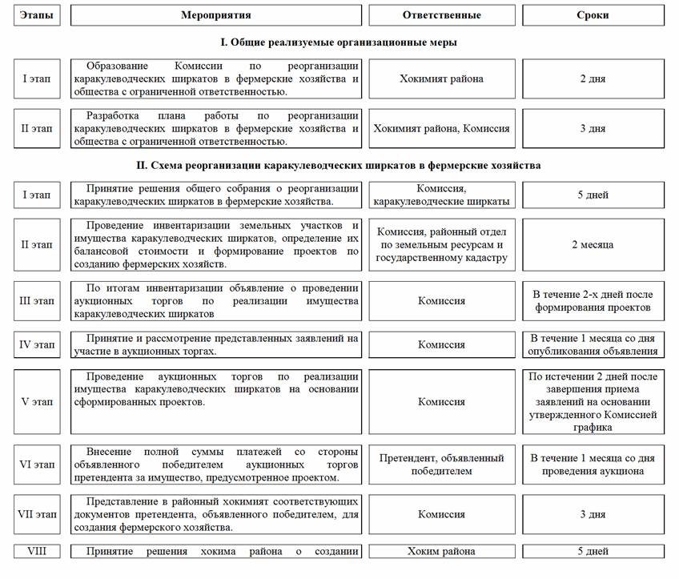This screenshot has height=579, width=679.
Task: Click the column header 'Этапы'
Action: [37, 15]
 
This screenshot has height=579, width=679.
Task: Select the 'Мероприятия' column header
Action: [215, 15]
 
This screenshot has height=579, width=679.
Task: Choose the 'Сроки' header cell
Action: [593, 15]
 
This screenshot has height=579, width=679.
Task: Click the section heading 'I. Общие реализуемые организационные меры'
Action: [339, 42]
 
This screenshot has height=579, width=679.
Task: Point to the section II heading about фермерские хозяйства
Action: [339, 166]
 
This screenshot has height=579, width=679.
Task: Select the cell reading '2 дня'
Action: [593, 78]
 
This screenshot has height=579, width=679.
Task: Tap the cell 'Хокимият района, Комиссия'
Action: [441, 128]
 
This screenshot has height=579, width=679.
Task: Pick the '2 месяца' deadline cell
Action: [593, 244]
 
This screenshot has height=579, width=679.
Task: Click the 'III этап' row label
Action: [37, 301]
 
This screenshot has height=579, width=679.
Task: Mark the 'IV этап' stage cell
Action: [37, 345]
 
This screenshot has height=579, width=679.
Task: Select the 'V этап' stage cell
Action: [37, 401]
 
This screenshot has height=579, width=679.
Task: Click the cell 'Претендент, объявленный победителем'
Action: [441, 464]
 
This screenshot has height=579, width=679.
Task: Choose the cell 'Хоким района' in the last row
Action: [441, 551]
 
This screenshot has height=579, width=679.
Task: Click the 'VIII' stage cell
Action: [37, 551]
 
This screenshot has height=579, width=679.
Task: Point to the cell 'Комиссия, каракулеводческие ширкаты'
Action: [441, 195]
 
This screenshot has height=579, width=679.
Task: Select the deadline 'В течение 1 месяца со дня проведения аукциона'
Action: [593, 464]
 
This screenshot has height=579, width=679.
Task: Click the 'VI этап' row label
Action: [37, 464]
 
